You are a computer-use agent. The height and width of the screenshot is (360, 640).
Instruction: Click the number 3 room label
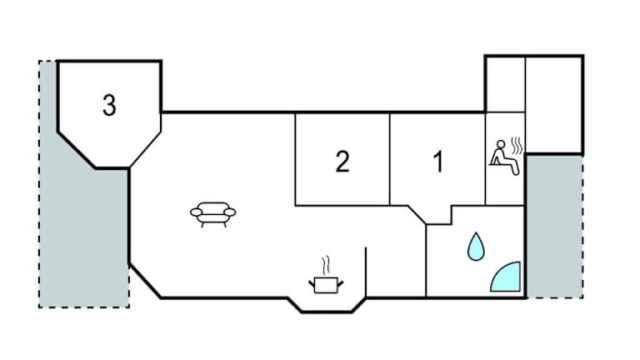109,105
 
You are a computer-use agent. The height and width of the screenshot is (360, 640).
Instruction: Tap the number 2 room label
342,162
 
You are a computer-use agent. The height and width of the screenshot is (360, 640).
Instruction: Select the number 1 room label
438,162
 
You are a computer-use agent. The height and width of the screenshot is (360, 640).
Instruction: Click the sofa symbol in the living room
213,214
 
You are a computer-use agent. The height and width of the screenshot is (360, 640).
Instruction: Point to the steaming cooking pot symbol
326,283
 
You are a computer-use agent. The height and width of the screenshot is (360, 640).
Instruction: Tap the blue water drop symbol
476,247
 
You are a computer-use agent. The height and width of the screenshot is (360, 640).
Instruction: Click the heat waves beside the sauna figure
517,146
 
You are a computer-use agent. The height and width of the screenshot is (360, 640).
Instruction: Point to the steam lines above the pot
325,266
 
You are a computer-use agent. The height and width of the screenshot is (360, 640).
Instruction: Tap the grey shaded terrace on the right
555,226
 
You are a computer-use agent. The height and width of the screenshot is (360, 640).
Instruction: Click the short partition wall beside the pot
366,272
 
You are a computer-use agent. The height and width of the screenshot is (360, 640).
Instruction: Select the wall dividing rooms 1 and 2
390,159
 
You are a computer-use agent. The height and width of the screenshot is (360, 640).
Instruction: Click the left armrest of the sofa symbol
197,212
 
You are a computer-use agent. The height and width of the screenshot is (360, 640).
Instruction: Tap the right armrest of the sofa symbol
230,212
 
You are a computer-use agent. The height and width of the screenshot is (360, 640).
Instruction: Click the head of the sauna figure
501,143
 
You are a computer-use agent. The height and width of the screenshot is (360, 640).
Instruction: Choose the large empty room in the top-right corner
554,105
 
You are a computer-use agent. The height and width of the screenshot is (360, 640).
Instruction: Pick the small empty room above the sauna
505,84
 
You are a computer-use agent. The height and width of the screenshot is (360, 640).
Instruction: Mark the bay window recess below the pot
327,305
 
